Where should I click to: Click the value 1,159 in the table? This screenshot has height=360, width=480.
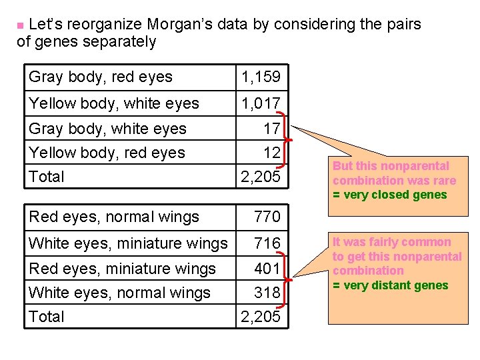261,77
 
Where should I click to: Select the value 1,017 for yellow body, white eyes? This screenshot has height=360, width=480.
261,103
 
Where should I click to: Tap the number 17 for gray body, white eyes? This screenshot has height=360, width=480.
272,128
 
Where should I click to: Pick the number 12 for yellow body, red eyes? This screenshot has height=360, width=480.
272,153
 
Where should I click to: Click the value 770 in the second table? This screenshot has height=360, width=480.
267,217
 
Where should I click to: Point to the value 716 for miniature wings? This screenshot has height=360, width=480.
267,243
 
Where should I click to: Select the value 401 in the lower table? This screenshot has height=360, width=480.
267,269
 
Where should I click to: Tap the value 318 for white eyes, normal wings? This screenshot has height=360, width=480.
267,293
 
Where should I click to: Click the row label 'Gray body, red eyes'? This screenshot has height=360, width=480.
101,77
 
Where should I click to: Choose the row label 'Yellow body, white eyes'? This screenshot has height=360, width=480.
114,103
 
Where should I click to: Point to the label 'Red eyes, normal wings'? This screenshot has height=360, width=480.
114,217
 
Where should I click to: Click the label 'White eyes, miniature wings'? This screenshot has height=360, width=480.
128,243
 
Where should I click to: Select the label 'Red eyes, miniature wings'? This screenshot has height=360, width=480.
123,269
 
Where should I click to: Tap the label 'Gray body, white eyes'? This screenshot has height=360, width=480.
108,129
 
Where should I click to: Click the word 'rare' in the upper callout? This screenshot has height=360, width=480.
443,181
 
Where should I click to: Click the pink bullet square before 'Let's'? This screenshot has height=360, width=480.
21,25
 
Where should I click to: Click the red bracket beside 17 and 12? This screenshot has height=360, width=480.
287,140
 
